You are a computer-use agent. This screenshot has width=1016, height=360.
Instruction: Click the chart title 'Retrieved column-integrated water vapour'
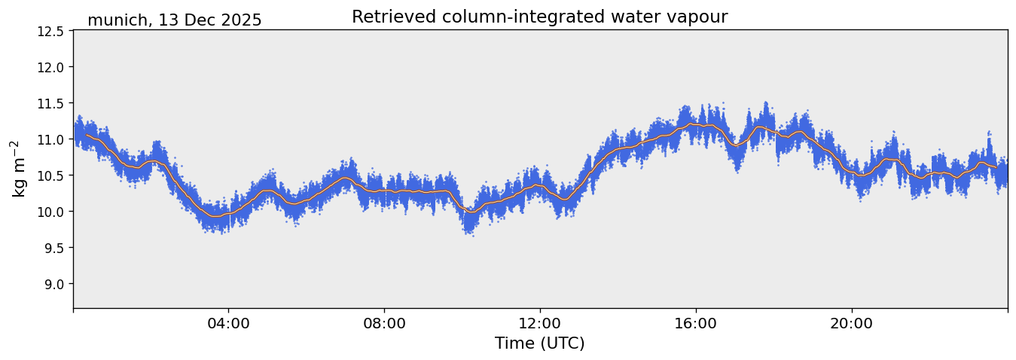[x=539, y=17]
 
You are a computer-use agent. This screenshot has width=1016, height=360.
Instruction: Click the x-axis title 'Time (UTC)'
[x=539, y=343]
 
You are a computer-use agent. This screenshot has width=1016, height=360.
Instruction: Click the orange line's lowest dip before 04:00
[x=215, y=217]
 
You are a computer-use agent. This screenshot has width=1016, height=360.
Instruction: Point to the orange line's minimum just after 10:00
[x=471, y=212]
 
